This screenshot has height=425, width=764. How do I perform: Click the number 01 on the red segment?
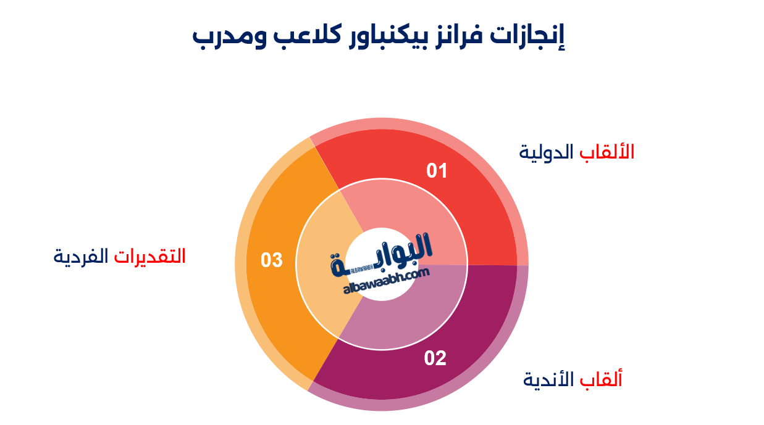click(x=437, y=170)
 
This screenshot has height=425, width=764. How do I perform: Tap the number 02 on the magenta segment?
click(x=435, y=358)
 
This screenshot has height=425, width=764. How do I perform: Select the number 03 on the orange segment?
click(x=271, y=260)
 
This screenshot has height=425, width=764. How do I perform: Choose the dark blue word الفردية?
click(x=81, y=255)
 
